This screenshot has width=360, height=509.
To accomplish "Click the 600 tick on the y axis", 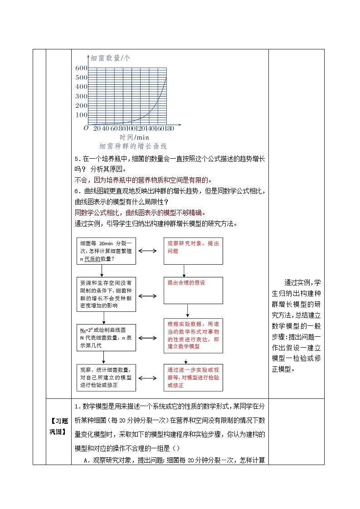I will tap(81, 68).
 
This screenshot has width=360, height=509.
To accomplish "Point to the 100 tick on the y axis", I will tap(81, 115).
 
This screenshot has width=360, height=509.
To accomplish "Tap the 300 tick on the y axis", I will tap(81, 96).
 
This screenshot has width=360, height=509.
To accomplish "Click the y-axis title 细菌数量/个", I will tap(111, 58).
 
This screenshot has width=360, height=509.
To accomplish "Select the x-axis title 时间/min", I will tap(134, 137).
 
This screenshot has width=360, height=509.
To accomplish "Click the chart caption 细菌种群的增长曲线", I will tap(133, 146).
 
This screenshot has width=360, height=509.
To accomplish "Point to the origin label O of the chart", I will tap(86, 128).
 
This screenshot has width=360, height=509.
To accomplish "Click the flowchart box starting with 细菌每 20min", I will tap(106, 251).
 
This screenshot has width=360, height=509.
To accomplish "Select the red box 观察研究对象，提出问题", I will tap(193, 251).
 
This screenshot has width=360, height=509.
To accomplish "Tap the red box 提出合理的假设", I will tap(193, 291).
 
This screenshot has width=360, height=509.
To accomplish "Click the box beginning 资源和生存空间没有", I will tap(106, 294).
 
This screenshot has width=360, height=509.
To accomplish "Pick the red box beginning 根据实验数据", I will tap(193, 335).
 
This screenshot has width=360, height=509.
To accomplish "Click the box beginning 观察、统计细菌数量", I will tap(106, 377).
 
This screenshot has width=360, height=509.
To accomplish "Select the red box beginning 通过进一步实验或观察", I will tap(193, 377).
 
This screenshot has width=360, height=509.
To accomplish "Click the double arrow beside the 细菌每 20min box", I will tap(148, 251).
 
